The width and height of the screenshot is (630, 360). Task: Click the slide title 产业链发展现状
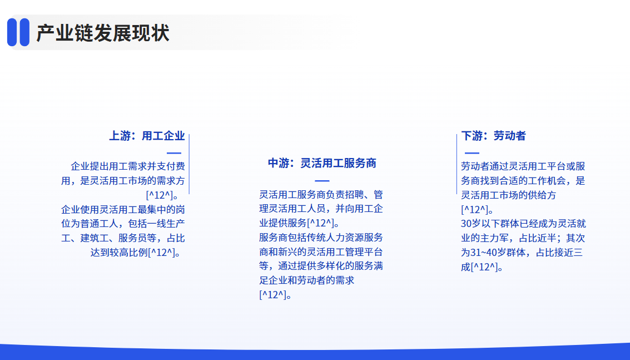pyautogui.click(x=103, y=33)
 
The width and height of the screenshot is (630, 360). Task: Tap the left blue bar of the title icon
pyautogui.click(x=12, y=32)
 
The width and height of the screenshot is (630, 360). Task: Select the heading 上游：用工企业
pyautogui.click(x=147, y=136)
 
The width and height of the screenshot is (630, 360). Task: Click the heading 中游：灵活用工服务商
pyautogui.click(x=322, y=163)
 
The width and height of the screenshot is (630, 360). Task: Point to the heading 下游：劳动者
pyautogui.click(x=493, y=136)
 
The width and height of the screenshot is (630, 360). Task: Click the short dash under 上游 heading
pyautogui.click(x=174, y=153)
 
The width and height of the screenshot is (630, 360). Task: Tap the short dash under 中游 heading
pyautogui.click(x=322, y=181)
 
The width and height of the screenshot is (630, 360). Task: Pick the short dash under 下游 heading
pyautogui.click(x=472, y=153)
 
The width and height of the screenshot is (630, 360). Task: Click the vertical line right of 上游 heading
pyautogui.click(x=189, y=164)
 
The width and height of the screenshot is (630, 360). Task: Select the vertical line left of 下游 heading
pyautogui.click(x=457, y=164)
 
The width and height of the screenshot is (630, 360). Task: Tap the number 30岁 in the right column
pyautogui.click(x=470, y=224)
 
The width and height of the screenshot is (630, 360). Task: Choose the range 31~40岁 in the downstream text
pyautogui.click(x=488, y=253)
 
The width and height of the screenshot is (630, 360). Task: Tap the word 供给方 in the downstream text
pyautogui.click(x=542, y=195)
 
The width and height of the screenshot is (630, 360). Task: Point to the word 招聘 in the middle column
pyautogui.click(x=355, y=195)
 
